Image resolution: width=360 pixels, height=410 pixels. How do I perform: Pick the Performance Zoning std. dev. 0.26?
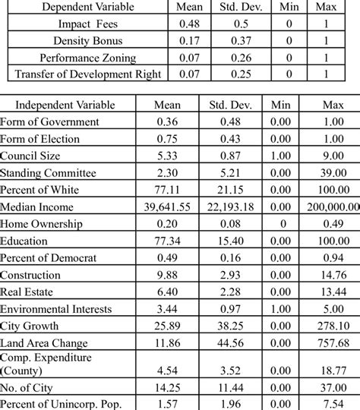(241, 58)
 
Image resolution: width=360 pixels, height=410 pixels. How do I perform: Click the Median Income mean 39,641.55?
(166, 207)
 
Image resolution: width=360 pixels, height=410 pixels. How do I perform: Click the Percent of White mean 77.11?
(166, 190)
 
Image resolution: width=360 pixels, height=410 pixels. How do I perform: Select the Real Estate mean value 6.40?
(166, 292)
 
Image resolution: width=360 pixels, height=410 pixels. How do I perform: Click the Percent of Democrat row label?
(49, 258)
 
